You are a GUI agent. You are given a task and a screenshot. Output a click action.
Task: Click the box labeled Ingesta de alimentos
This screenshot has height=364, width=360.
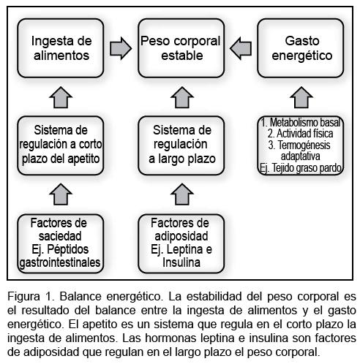(61, 48)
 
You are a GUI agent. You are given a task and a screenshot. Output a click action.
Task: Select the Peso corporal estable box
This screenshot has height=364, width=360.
(181, 48)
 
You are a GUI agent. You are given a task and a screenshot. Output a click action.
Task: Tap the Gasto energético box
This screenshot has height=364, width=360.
(301, 48)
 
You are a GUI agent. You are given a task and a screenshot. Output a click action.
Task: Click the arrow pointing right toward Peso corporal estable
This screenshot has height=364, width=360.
(121, 48)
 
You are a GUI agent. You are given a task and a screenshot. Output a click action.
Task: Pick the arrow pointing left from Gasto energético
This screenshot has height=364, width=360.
(241, 48)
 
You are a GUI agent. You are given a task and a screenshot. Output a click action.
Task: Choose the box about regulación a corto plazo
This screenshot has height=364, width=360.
(61, 145)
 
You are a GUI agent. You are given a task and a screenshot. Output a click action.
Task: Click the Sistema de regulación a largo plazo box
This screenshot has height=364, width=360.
(181, 145)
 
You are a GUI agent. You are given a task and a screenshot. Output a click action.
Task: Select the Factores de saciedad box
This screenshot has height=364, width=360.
(61, 243)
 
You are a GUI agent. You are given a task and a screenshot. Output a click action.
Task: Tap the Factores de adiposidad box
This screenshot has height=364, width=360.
(181, 243)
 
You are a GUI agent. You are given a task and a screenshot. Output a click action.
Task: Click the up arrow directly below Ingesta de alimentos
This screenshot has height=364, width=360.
(61, 97)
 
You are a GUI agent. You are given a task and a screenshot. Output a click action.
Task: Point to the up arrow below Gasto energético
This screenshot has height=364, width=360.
(301, 97)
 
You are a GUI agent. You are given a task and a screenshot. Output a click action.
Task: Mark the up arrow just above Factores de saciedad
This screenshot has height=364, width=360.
(61, 194)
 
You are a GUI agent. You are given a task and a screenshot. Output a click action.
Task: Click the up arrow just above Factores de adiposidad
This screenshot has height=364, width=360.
(182, 194)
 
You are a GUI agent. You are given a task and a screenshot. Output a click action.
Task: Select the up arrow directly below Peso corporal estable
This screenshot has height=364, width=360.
(182, 97)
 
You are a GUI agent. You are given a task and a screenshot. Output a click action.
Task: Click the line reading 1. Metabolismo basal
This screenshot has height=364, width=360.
(301, 122)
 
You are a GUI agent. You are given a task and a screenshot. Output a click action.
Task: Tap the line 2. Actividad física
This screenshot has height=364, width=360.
(300, 134)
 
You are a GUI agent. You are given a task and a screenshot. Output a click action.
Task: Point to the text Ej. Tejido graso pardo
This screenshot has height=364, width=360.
(301, 168)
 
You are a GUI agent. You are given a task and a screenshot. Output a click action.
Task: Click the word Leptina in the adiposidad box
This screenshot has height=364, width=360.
(184, 249)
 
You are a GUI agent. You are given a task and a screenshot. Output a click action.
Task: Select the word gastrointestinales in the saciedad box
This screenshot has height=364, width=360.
(60, 263)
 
